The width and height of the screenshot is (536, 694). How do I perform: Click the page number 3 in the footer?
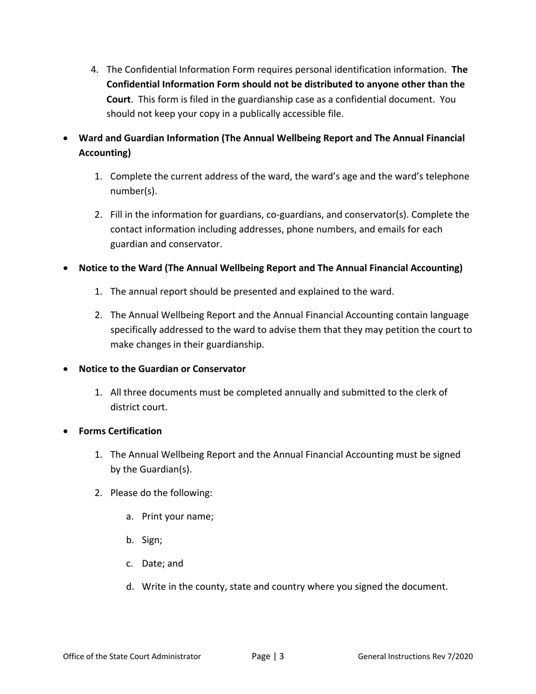[x=281, y=656]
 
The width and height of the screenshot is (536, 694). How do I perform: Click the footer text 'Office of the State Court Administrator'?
[x=131, y=656]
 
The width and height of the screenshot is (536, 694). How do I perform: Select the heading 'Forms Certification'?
[x=120, y=431]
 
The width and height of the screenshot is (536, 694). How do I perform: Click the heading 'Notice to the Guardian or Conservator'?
[x=162, y=369]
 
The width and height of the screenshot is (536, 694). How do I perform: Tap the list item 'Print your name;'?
[x=177, y=516]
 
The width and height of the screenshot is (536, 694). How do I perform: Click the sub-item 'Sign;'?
[x=152, y=540]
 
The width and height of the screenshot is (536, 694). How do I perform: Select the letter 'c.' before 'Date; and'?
[x=130, y=564]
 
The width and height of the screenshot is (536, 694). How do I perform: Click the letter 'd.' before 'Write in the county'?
[x=130, y=587]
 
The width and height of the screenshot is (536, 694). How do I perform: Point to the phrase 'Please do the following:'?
[x=161, y=493]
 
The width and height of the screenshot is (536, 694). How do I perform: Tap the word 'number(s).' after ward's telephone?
[x=133, y=191]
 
